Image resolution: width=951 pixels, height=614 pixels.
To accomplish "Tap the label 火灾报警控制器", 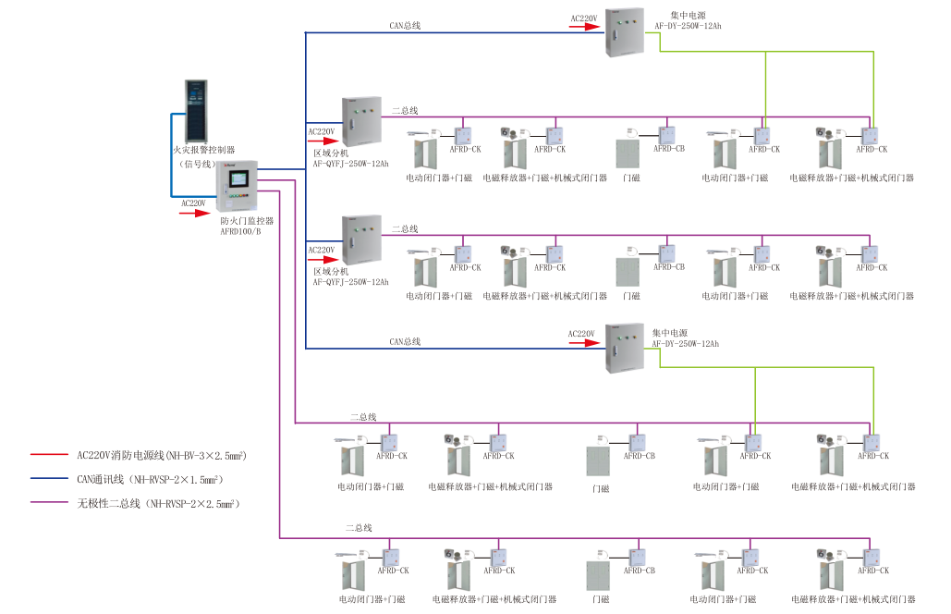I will click(x=204, y=148).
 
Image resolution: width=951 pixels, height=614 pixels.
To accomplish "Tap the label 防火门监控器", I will click(x=247, y=221).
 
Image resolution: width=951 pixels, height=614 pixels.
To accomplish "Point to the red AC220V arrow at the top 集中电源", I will click(x=583, y=27).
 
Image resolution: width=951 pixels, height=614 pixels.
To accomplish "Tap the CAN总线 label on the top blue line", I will click(x=405, y=26).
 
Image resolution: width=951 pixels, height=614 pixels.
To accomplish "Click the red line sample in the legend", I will click(x=50, y=455).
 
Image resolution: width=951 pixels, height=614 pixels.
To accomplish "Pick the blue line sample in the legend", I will click(x=50, y=479).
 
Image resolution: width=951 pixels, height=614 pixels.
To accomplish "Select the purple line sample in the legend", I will click(x=50, y=503).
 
